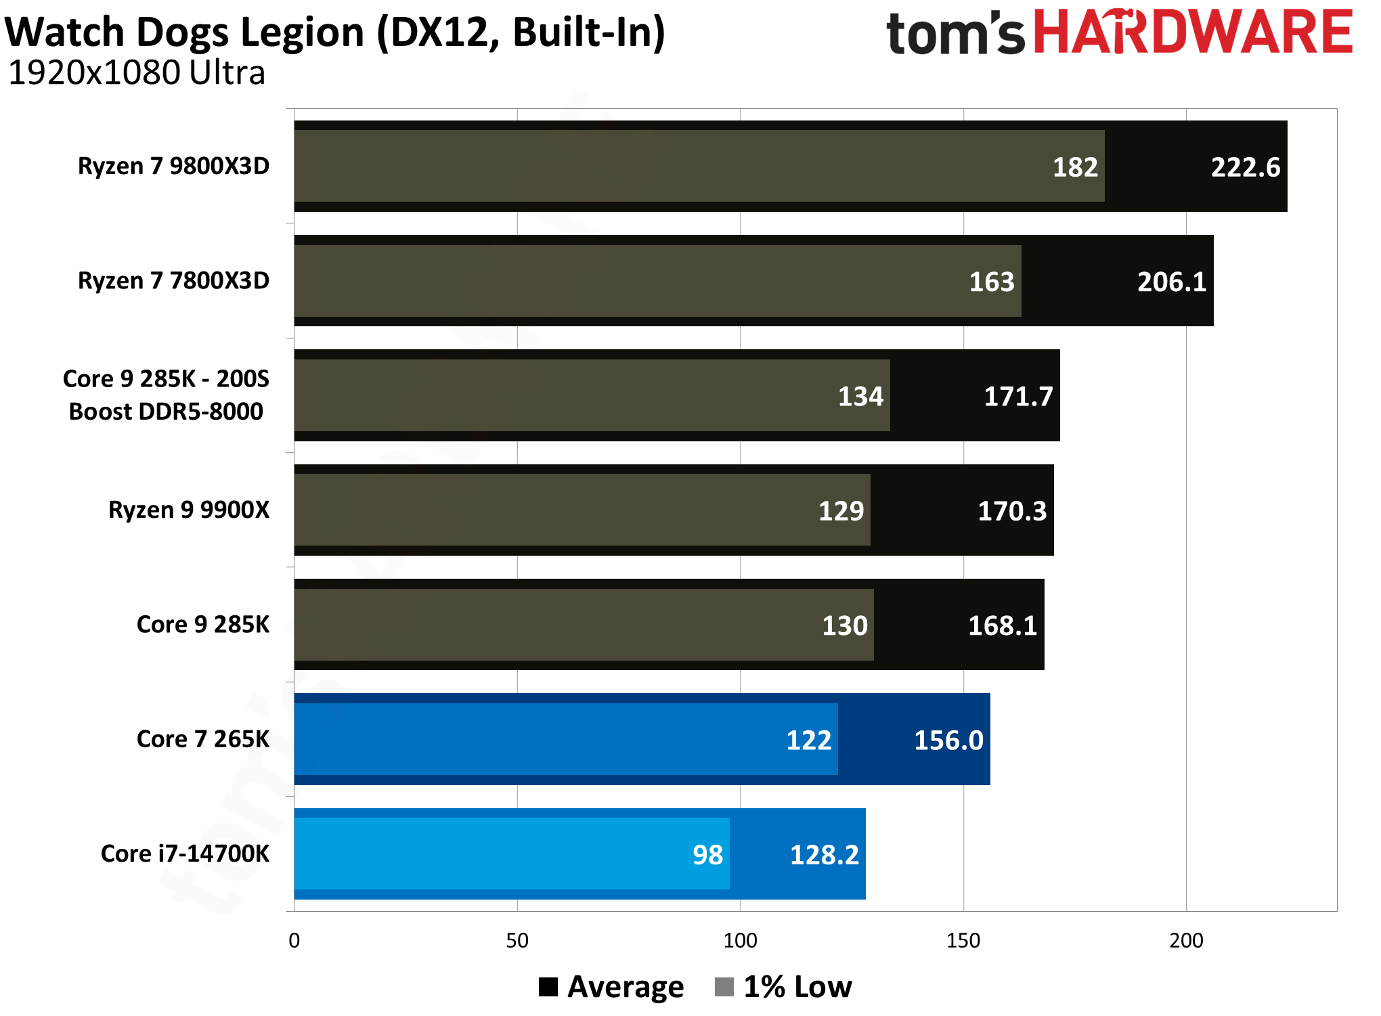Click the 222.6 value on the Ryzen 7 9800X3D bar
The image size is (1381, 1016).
pos(1245,167)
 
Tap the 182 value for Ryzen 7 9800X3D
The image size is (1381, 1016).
pos(1074,167)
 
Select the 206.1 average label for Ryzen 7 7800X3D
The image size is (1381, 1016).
pos(1171,282)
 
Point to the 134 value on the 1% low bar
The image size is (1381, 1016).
pos(860,396)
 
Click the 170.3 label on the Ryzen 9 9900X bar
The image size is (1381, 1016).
pos(1011,511)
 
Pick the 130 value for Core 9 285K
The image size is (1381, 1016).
pos(844,625)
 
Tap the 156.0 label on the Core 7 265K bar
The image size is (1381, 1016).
pos(948,740)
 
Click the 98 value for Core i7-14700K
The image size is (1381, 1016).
pos(707,855)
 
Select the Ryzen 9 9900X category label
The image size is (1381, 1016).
pos(189,510)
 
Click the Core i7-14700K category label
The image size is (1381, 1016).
pos(185,854)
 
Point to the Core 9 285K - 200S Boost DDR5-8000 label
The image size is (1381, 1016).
pos(166,395)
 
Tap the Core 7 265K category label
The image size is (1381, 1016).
pos(202,739)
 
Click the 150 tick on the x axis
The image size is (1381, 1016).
pos(963,940)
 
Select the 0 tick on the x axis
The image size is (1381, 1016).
pos(294,940)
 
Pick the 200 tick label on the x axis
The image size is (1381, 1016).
pos(1186,940)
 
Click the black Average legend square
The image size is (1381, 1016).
pos(548,987)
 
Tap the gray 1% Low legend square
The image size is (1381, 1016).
pos(724,987)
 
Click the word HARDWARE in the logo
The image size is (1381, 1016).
pos(1193,32)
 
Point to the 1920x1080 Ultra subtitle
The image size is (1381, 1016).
pos(136,73)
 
